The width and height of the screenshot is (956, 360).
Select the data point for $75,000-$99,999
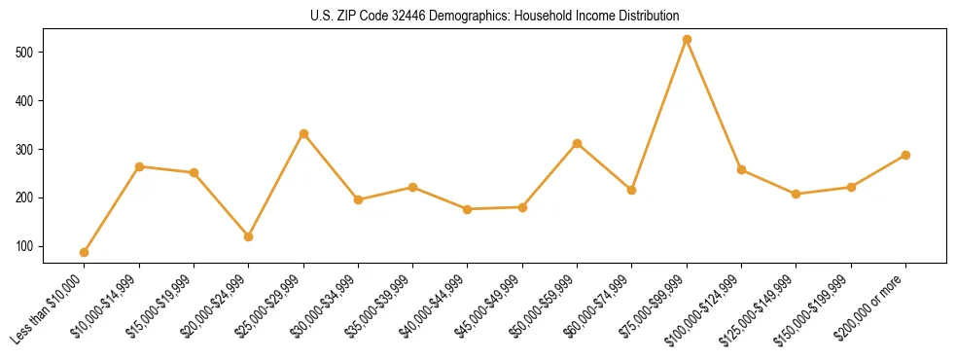pos(687,39)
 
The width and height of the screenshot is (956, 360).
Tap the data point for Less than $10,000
pos(85,252)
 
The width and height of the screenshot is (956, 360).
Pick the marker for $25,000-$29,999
pos(303,133)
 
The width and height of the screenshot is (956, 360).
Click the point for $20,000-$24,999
pos(249,236)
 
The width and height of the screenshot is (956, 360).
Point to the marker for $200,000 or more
pos(905,155)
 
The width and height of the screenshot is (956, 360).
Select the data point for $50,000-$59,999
pos(578,143)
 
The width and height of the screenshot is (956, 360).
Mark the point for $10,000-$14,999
pos(139,166)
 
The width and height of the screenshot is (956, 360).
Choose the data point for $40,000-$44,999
pos(468,209)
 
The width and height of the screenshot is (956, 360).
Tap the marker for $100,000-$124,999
pos(741,169)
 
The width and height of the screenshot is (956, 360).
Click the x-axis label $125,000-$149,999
pos(761,313)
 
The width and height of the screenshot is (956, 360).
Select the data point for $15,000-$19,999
pos(194,172)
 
